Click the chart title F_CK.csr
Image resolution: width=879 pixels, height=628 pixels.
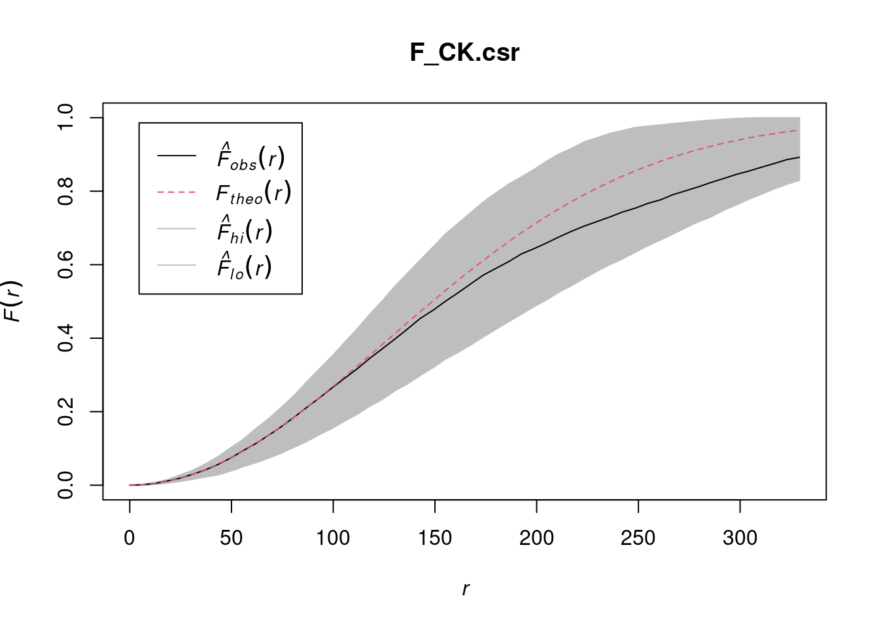point(464,53)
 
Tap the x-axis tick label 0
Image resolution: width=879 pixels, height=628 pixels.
point(129,538)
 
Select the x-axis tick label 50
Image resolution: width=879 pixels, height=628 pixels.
point(232,538)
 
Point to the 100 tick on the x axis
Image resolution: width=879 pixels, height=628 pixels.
point(333,538)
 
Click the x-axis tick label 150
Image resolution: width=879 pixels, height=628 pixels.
point(435,538)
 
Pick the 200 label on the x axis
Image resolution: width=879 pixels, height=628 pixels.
point(536,538)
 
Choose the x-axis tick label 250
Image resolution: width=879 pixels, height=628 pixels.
point(638,538)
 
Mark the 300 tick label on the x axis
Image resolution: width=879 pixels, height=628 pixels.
point(740,538)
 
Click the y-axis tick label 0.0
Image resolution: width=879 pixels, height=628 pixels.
point(66,485)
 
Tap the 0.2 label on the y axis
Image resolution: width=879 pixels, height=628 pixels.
point(66,411)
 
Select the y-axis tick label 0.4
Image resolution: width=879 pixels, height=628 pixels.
point(66,338)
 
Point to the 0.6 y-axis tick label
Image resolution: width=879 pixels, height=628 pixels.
point(66,264)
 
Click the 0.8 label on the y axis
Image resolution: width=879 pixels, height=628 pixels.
point(66,191)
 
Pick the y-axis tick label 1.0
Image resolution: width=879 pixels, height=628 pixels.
point(66,118)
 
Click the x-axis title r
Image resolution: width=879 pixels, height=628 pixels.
point(465,589)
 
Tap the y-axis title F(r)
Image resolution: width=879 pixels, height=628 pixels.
point(13,302)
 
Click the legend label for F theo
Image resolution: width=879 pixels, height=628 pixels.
point(254,193)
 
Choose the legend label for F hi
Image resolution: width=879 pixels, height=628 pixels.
point(245,230)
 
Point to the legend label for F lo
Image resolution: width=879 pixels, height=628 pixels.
point(245,266)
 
